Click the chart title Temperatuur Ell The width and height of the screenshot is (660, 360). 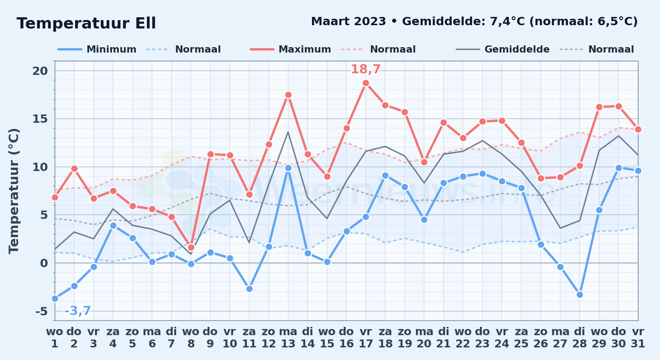[86, 23]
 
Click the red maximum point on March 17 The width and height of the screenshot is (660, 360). [366, 83]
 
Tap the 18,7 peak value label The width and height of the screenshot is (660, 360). [366, 69]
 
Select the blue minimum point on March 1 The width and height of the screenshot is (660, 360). [55, 298]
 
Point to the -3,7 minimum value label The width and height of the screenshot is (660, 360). [77, 311]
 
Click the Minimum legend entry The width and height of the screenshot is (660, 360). [97, 49]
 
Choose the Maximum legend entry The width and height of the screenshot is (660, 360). [290, 49]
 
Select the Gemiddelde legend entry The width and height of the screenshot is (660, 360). [503, 49]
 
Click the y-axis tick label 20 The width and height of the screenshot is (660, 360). [40, 71]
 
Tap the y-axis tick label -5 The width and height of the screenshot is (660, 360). [41, 311]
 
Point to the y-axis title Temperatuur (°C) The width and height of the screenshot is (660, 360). [14, 191]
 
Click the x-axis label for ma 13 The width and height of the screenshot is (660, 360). [288, 338]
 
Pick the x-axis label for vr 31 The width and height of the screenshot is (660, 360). [638, 338]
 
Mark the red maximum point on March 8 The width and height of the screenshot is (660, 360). [191, 247]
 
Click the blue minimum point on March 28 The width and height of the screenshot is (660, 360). [580, 294]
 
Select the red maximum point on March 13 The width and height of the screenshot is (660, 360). [288, 95]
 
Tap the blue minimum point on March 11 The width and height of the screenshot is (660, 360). [249, 289]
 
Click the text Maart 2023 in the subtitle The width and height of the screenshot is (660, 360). [348, 22]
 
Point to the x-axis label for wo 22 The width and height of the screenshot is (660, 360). [463, 338]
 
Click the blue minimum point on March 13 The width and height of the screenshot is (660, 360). [288, 168]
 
